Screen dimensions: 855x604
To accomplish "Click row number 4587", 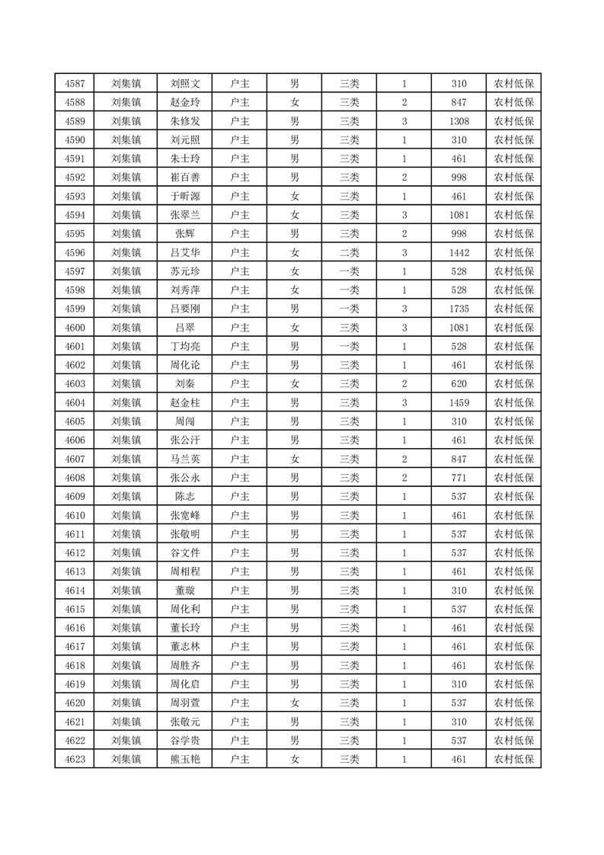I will coord(75,84).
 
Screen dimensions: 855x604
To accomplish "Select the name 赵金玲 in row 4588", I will coord(185,102).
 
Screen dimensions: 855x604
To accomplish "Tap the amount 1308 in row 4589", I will coord(459,121).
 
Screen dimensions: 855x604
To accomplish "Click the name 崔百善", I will coord(185,178).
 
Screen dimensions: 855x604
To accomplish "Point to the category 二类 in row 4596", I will coord(349,252).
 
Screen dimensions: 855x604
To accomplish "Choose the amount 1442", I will coord(459,252).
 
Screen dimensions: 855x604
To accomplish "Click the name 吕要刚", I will coord(185,309).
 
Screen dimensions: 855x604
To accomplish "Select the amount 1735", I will coord(459,309).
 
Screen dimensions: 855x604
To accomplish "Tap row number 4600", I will coord(75,328).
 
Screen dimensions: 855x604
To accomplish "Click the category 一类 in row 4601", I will coord(349,346).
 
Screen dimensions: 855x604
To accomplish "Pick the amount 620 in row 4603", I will coord(459,384).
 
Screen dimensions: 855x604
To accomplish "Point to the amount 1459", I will coord(459,402).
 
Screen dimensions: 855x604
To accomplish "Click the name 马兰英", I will coord(185,459).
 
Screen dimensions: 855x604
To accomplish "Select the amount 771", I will coord(459,478).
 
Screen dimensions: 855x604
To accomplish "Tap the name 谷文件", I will coord(185,552).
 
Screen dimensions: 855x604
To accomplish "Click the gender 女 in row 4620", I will coord(295,703).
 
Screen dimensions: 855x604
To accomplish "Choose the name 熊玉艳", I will coord(185,759).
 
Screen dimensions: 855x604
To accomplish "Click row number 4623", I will coord(75,759).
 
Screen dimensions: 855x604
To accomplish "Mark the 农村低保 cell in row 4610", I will coord(513,515).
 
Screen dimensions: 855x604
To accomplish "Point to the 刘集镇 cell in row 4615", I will coord(126,609).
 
